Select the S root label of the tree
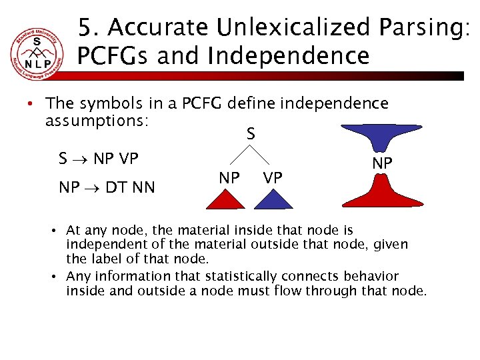click(251, 134)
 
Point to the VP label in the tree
click(272, 178)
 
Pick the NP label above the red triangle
click(229, 178)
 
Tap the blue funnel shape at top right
click(383, 139)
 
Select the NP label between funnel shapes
click(382, 163)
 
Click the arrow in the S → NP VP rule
click(81, 159)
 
